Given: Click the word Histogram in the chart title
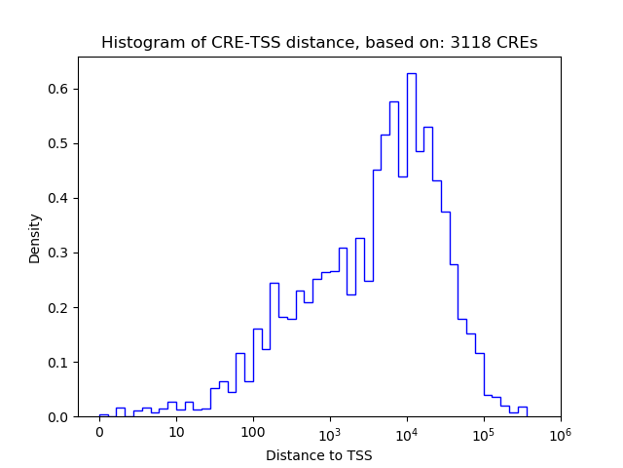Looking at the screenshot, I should pos(137,43).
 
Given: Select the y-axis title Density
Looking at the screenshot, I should pos(35,238).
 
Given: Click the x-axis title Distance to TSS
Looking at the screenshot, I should pos(318,454).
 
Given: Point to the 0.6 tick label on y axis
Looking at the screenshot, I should pos(59,89).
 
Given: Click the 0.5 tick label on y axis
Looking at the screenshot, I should pos(59,143).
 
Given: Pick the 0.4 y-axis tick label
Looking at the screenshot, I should pos(59,198).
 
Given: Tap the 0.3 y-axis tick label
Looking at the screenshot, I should pos(59,253).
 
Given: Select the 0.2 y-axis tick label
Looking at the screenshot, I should pos(59,307).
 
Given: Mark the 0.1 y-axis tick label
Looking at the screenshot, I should pos(59,362).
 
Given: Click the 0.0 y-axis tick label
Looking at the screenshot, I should pos(59,416).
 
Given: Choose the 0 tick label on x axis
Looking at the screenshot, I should pos(99,432).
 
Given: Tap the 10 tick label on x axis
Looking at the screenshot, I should pos(176,432).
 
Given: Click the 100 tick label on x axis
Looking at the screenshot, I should pos(253,432).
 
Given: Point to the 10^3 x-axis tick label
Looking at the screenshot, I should pos(330,432).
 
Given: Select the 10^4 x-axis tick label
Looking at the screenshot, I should pos(407,432).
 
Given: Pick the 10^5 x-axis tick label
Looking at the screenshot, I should pos(484,432).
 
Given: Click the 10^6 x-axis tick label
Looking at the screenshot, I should pos(560,432).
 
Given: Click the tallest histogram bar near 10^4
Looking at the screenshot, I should pos(411,244).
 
